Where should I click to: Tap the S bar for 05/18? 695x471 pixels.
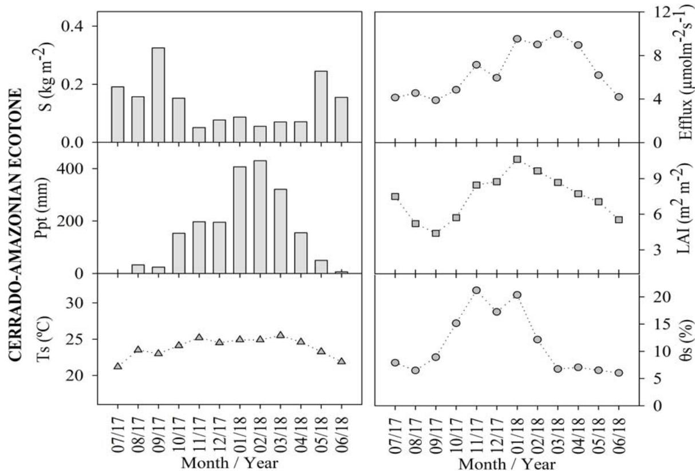coord(321,106)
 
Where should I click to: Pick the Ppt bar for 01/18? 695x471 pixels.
coord(239,220)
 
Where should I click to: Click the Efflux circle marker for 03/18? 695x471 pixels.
coord(558,34)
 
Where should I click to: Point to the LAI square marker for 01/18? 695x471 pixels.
coord(517,159)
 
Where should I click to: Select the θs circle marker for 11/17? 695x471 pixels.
coord(476,290)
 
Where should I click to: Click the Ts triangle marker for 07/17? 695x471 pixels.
coord(118,366)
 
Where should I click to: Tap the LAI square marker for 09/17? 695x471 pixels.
coord(436,233)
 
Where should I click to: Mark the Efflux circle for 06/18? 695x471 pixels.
coord(618,97)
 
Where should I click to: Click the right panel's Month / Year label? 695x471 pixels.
coord(507,462)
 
